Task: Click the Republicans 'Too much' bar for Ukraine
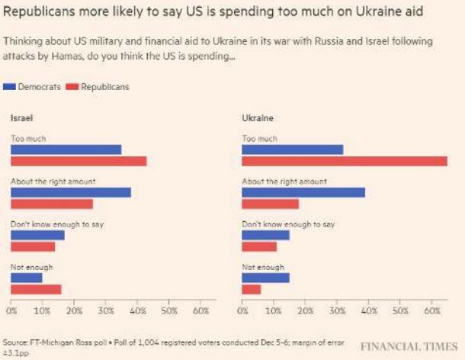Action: (x=345, y=161)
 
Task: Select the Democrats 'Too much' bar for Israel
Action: (x=66, y=149)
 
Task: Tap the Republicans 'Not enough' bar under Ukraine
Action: (x=251, y=289)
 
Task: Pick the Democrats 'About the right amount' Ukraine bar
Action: (x=303, y=192)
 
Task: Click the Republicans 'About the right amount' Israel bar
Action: (x=51, y=204)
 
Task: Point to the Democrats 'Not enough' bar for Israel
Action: (x=26, y=278)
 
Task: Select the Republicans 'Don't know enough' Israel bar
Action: (x=33, y=246)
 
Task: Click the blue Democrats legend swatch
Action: (x=10, y=87)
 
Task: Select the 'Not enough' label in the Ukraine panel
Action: (x=262, y=268)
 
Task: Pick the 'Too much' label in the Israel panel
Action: (x=27, y=139)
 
